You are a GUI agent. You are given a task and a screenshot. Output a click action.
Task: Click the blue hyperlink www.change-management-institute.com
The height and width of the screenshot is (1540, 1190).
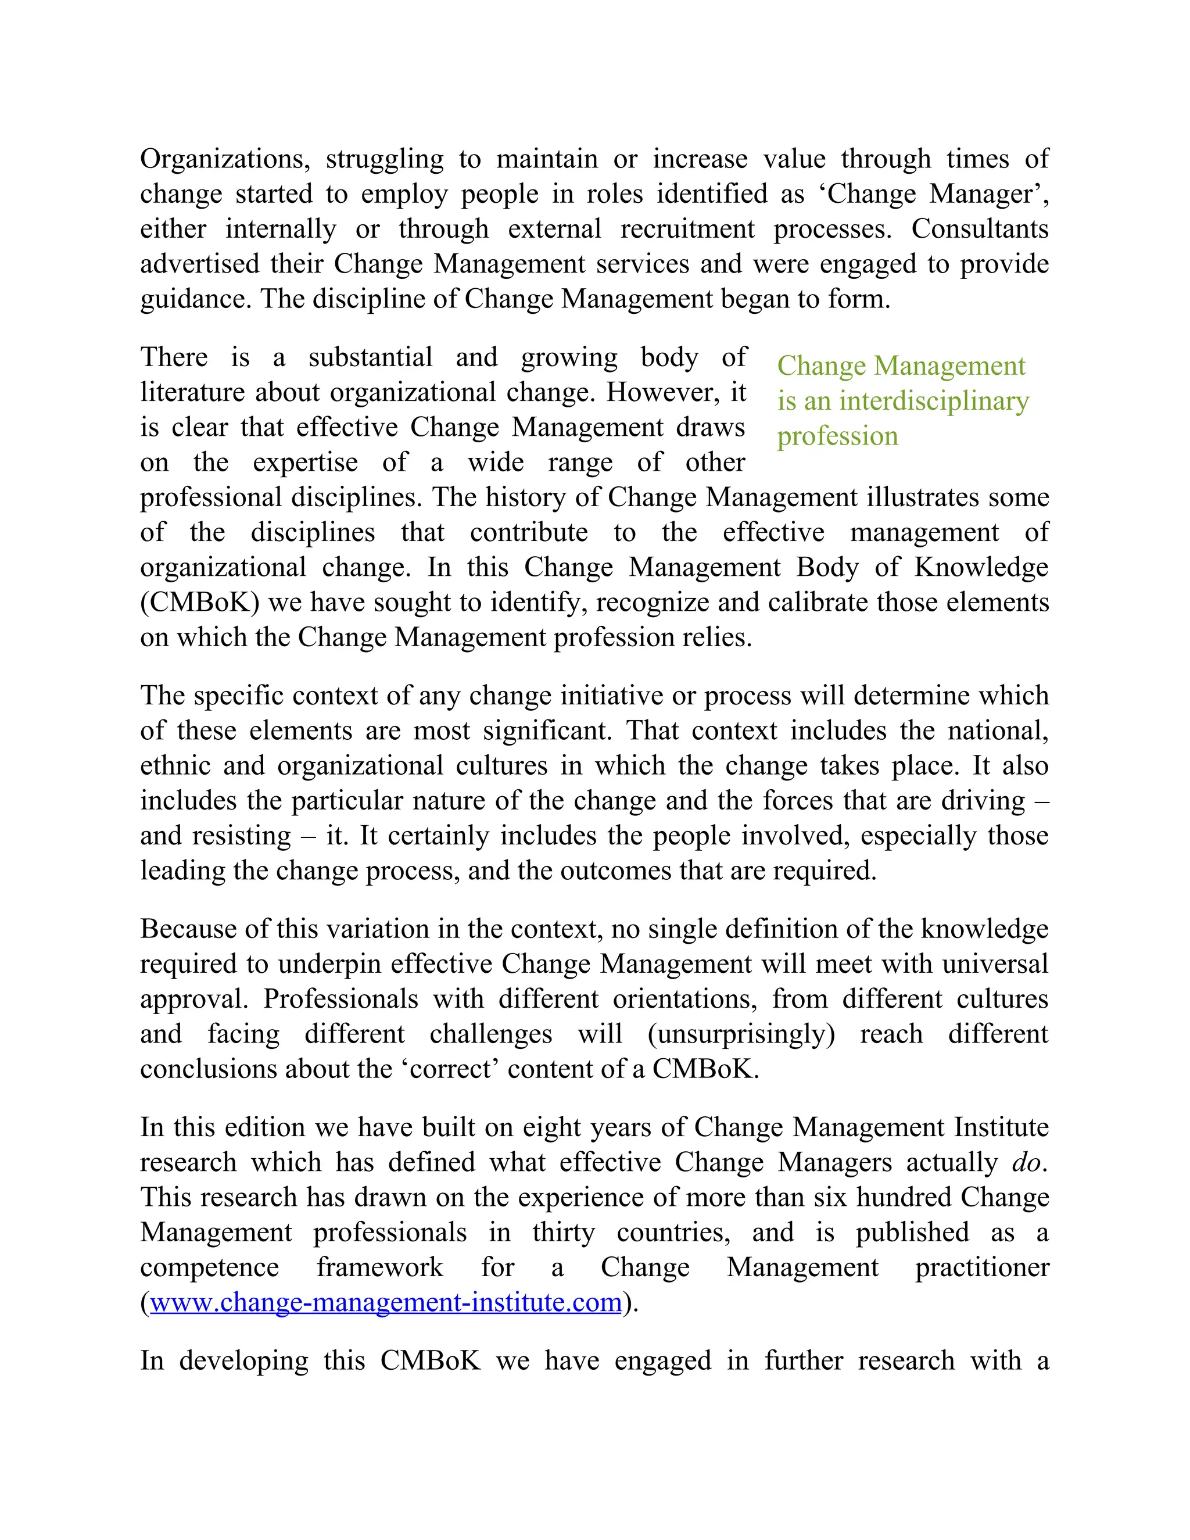click(x=386, y=1302)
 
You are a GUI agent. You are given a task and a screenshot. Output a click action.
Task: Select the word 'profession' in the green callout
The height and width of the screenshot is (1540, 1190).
click(x=837, y=436)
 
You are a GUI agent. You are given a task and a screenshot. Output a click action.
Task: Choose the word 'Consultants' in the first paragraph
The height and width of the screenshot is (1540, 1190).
click(x=979, y=228)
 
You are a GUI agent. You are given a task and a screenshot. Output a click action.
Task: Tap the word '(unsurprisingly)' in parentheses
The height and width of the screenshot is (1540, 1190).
click(x=741, y=1034)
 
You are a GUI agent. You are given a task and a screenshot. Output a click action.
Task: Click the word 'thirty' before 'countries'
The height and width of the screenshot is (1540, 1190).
click(x=563, y=1233)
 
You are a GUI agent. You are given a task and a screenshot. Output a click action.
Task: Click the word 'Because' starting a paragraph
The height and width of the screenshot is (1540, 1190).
click(x=188, y=929)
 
